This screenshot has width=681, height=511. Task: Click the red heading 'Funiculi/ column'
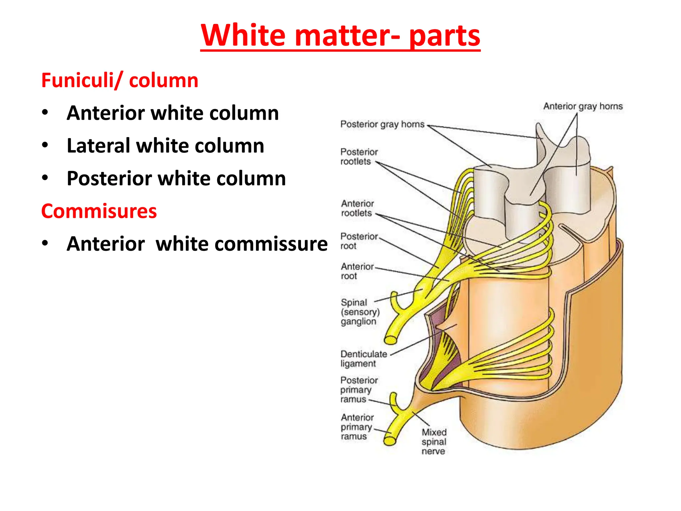tap(120, 81)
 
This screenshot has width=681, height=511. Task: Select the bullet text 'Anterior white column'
tap(173, 113)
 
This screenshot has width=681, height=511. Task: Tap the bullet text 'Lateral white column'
tap(165, 146)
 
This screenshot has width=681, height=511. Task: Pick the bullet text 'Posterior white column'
tap(176, 178)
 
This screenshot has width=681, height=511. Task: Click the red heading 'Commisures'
tap(99, 211)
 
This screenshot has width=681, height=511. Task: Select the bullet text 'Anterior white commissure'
tap(197, 244)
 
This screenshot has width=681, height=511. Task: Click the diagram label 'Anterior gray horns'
tap(583, 106)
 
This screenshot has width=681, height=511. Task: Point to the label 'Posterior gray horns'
tap(382, 124)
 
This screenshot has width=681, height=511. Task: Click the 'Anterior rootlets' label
tap(357, 208)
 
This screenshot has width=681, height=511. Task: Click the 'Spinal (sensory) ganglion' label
tap(360, 312)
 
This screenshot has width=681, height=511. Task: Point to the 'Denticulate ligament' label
tap(363, 359)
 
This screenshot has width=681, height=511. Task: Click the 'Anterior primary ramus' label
tap(357, 427)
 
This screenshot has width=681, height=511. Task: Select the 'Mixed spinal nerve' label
tap(434, 441)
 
